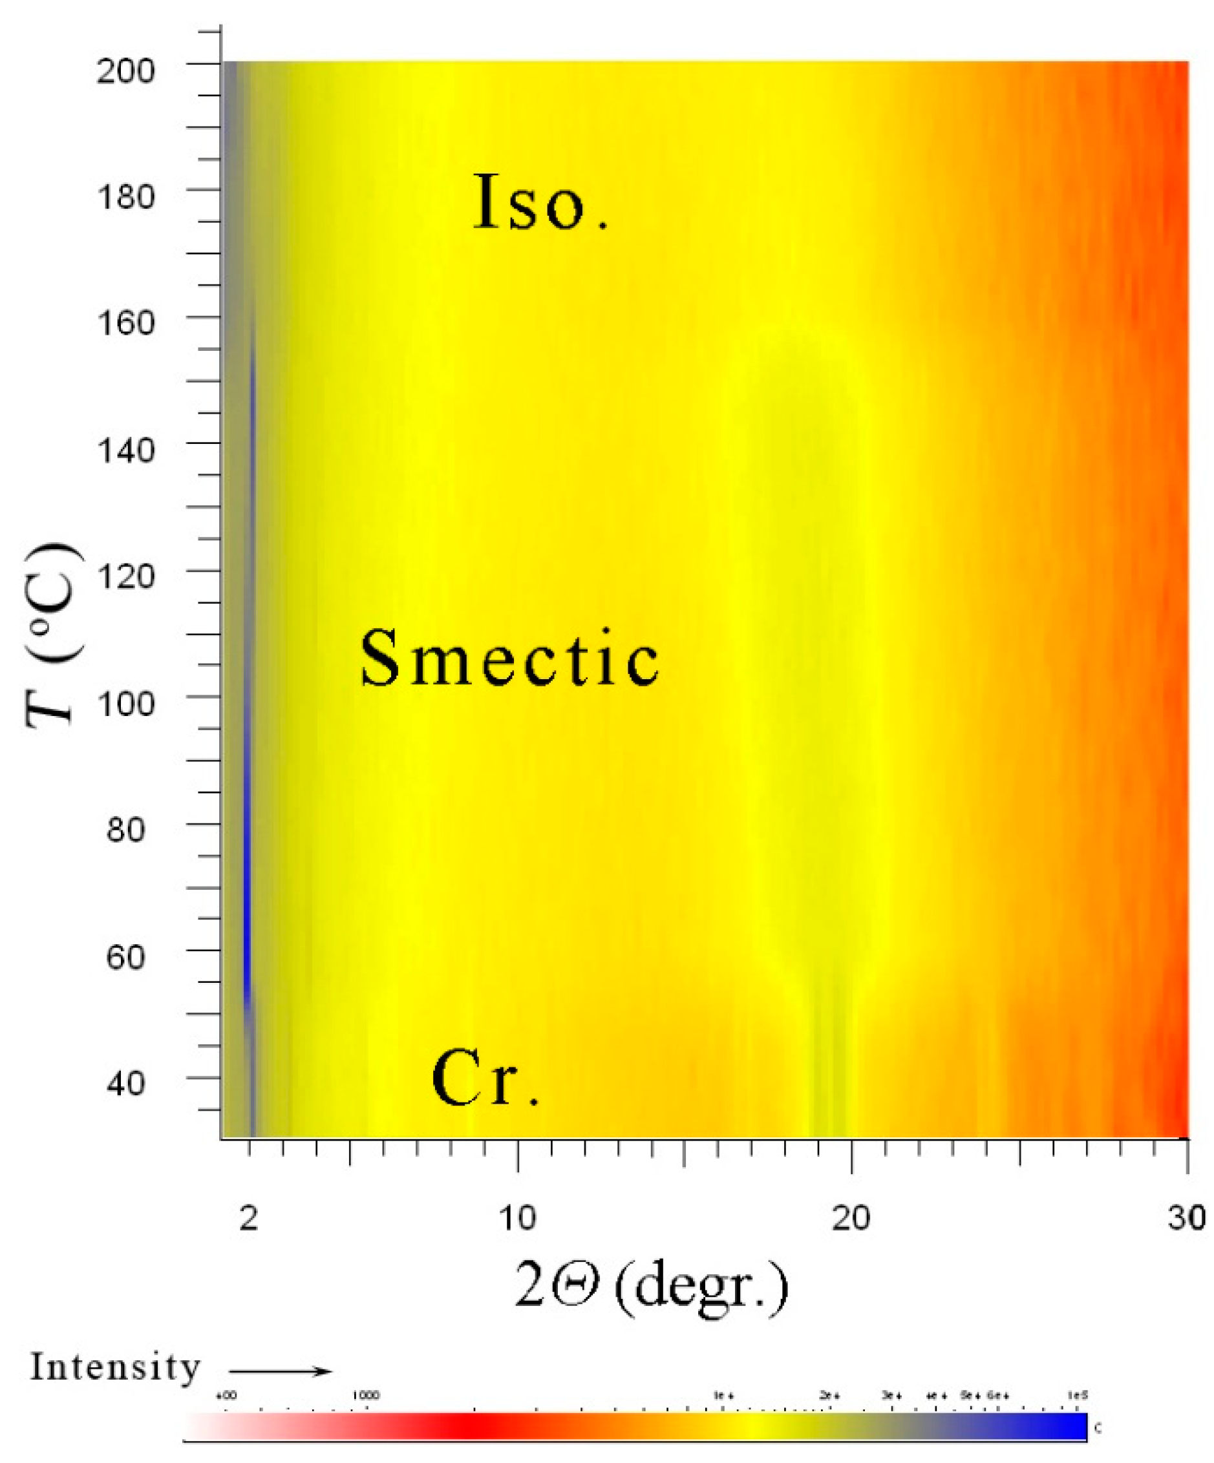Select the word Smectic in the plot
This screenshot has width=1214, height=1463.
click(509, 658)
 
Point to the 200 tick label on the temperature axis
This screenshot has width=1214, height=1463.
click(125, 71)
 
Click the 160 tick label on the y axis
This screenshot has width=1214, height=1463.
click(125, 323)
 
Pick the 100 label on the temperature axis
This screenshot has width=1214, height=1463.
click(125, 704)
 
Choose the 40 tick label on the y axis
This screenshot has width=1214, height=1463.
click(125, 1083)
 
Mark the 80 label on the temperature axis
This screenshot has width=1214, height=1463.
click(125, 830)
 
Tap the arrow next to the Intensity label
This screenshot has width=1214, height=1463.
click(280, 1372)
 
